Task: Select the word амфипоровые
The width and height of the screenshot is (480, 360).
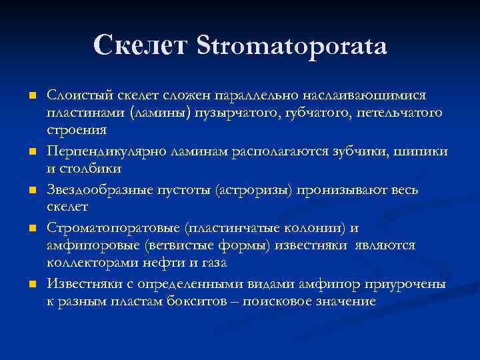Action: [x=89, y=245]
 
